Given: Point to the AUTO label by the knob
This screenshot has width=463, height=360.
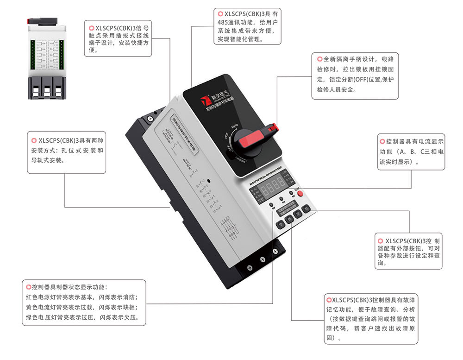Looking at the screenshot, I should [x=235, y=125].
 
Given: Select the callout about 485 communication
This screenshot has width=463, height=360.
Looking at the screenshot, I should [x=247, y=26].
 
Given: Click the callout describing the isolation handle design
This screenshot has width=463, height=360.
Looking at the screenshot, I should [x=355, y=76].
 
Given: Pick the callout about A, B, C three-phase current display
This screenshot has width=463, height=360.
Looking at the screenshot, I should [x=411, y=152].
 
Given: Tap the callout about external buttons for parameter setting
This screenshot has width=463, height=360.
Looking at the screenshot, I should [x=409, y=252].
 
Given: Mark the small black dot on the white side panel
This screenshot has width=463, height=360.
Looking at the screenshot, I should [x=209, y=182].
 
